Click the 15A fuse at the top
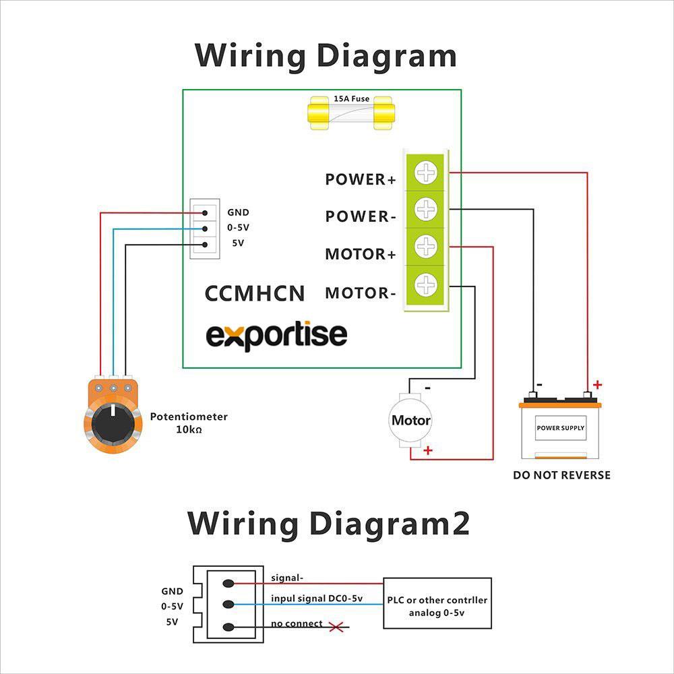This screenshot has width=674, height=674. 351,112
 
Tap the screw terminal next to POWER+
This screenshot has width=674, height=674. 425,174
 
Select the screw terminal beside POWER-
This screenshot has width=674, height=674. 425,209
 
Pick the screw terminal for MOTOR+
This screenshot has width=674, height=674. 425,246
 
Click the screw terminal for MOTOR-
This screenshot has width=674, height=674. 425,285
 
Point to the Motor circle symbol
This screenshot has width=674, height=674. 410,420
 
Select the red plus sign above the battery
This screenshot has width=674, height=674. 597,386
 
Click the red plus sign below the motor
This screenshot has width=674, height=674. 427,450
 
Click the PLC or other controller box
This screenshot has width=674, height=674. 437,603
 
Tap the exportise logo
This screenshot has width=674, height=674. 276,335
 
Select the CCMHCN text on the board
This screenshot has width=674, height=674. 255,293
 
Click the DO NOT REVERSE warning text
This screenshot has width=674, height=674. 561,475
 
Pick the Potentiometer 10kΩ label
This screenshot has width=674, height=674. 189,423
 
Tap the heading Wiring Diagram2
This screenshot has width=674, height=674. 328,524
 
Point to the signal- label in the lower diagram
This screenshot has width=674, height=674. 287,578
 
